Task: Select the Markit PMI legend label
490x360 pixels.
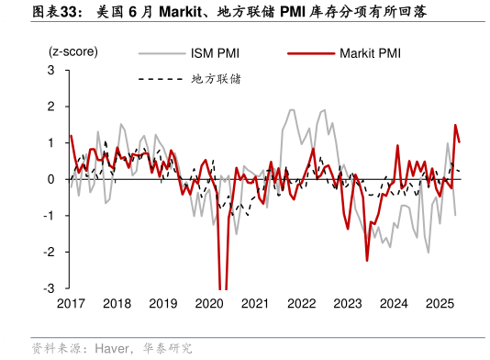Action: click(x=364, y=53)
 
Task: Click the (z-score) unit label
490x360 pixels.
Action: click(x=73, y=52)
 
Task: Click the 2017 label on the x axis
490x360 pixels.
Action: click(x=71, y=304)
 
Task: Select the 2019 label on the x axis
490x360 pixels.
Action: click(x=163, y=304)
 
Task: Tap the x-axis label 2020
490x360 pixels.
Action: click(x=209, y=304)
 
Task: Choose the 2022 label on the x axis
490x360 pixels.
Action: click(x=301, y=304)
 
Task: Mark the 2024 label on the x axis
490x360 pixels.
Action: click(x=394, y=304)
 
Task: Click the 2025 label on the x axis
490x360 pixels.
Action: click(x=440, y=304)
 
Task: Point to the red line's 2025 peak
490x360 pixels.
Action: click(x=454, y=126)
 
